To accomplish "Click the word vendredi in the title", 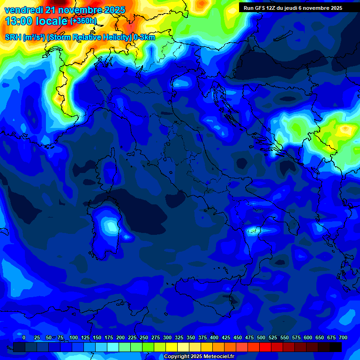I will [x=23, y=10].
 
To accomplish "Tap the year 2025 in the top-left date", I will [x=115, y=10].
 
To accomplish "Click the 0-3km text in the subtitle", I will [x=144, y=37].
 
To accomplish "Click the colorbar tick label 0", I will [x=24, y=337].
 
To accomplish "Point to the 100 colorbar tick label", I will [x=74, y=337].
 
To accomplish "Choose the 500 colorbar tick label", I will [x=261, y=337].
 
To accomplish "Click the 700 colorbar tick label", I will [x=343, y=337].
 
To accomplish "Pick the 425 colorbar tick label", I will [x=226, y=337].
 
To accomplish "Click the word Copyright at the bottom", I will [x=177, y=357].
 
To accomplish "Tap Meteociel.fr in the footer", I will [x=219, y=357].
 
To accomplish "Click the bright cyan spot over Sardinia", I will [x=111, y=226].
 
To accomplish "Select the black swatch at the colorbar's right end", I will [x=336, y=347].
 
